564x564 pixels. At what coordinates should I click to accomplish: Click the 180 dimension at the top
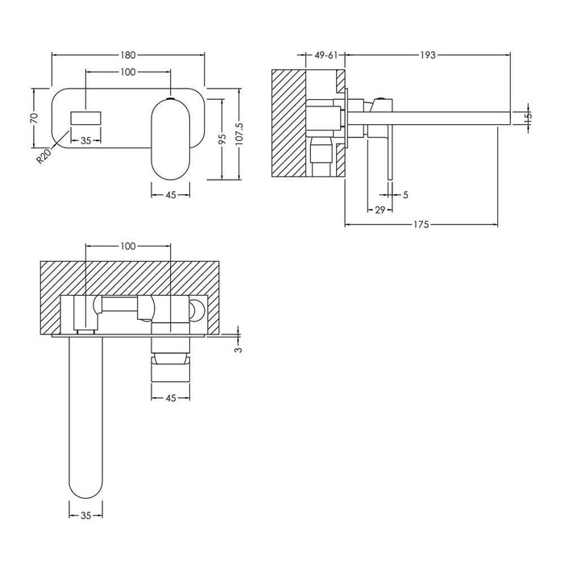tap(128, 55)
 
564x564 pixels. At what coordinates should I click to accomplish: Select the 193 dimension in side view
tap(428, 55)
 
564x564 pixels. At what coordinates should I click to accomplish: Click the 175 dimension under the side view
tap(428, 224)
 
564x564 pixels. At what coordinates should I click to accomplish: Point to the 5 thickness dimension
tap(405, 193)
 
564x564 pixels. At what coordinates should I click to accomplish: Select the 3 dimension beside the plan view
tap(238, 348)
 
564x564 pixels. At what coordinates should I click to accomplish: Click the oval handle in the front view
tap(170, 136)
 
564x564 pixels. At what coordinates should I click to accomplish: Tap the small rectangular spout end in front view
tap(85, 118)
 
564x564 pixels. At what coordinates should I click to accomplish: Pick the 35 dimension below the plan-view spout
tap(85, 513)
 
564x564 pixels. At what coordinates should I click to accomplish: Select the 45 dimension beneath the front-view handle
tap(171, 193)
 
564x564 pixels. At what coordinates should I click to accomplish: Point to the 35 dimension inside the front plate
tap(85, 139)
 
